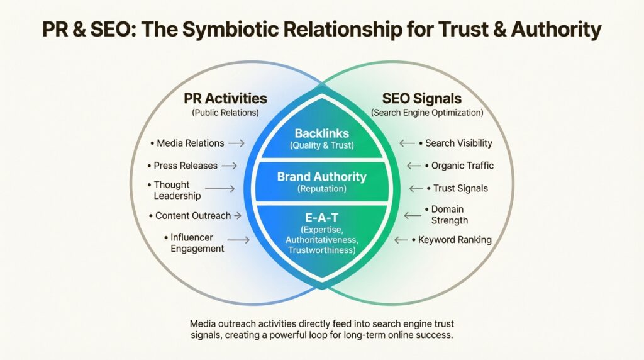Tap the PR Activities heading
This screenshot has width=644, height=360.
pyautogui.click(x=225, y=99)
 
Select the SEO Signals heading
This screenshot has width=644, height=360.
pyautogui.click(x=421, y=99)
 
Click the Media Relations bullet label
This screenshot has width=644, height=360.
pyautogui.click(x=190, y=143)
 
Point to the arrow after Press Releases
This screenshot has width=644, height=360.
pyautogui.click(x=229, y=166)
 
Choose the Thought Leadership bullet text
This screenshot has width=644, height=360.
pyautogui.click(x=177, y=190)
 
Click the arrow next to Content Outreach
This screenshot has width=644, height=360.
pyautogui.click(x=238, y=216)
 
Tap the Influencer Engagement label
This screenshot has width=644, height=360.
pyautogui.click(x=197, y=243)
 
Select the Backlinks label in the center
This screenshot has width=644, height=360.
pyautogui.click(x=321, y=133)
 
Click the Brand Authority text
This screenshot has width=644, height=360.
pyautogui.click(x=321, y=177)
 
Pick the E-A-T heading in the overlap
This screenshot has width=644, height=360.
pyautogui.click(x=321, y=218)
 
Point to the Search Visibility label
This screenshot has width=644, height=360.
pyautogui.click(x=458, y=143)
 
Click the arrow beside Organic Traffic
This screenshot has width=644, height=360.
pyautogui.click(x=413, y=166)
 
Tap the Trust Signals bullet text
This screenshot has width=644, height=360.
pyautogui.click(x=460, y=188)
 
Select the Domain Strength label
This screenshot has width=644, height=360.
pyautogui.click(x=449, y=215)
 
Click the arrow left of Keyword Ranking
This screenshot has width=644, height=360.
pyautogui.click(x=402, y=240)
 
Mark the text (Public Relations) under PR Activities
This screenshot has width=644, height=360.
pyautogui.click(x=225, y=113)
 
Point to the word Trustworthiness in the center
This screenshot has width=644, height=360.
pyautogui.click(x=321, y=250)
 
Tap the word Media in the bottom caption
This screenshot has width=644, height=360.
pyautogui.click(x=203, y=323)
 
